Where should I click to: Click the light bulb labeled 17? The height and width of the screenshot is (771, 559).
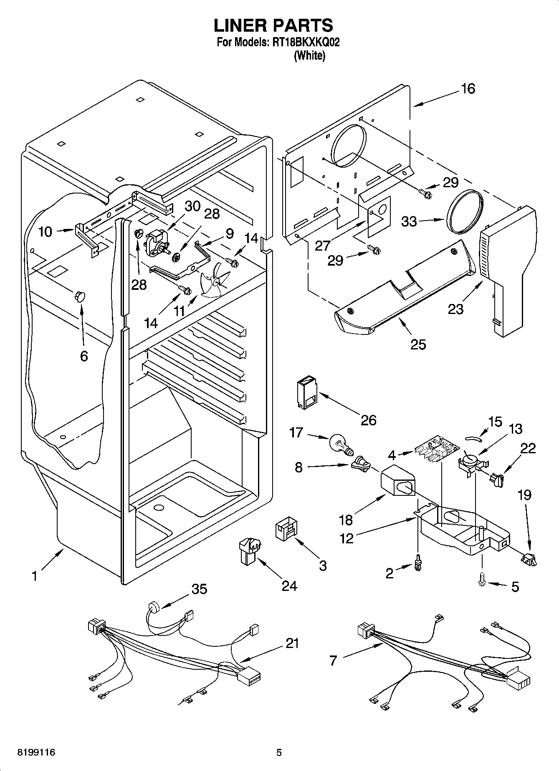pos(341,445)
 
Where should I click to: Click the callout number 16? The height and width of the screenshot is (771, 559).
pos(468,88)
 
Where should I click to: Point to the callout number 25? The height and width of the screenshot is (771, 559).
pos(418,344)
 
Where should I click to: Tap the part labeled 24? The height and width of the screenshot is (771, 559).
pos(249,551)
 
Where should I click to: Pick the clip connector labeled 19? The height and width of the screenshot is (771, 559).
pos(529,559)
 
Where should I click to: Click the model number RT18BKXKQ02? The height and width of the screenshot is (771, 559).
pos(299,42)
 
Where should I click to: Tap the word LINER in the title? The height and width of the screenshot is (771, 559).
pos(240,25)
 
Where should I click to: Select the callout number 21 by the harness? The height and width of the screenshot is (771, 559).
pos(292,643)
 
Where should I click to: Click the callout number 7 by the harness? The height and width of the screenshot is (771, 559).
pos(333,660)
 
